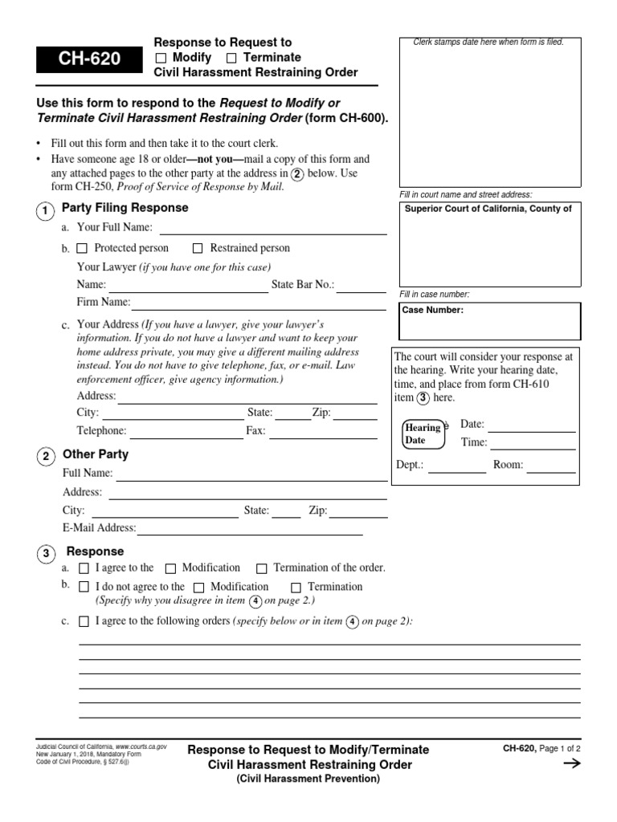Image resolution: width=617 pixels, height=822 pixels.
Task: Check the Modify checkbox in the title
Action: pyautogui.click(x=161, y=58)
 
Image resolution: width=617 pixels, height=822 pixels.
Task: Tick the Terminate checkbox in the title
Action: pyautogui.click(x=231, y=58)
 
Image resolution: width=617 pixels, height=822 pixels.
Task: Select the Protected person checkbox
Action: pyautogui.click(x=82, y=249)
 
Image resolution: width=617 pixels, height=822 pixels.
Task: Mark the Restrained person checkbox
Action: pyautogui.click(x=198, y=249)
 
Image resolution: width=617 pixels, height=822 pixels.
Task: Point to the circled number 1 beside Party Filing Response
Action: pyautogui.click(x=46, y=210)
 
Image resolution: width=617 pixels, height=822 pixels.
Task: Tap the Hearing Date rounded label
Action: pyautogui.click(x=423, y=434)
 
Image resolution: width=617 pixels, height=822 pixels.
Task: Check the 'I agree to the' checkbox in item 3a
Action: pyautogui.click(x=84, y=568)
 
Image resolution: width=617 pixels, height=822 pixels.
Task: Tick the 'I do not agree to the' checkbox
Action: pyautogui.click(x=84, y=588)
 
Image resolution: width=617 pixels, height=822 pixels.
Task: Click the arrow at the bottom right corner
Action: pyautogui.click(x=571, y=764)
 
